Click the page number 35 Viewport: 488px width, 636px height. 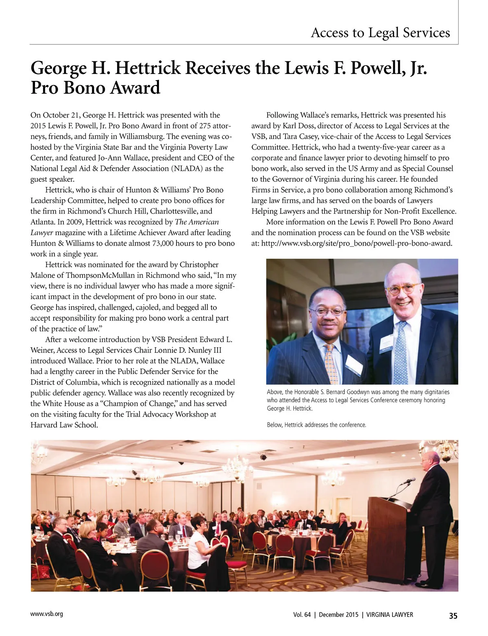453,616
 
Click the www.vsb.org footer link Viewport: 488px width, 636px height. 47,614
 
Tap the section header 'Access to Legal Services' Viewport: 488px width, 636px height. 380,33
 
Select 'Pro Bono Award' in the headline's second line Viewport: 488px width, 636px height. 96,88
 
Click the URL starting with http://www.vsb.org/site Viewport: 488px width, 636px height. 357,244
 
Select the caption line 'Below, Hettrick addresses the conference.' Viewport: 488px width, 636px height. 316,425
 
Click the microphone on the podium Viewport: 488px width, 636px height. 407,481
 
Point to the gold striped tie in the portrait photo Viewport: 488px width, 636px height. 330,364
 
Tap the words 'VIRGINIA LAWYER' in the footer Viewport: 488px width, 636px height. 390,615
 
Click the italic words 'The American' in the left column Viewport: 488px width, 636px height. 197,222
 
